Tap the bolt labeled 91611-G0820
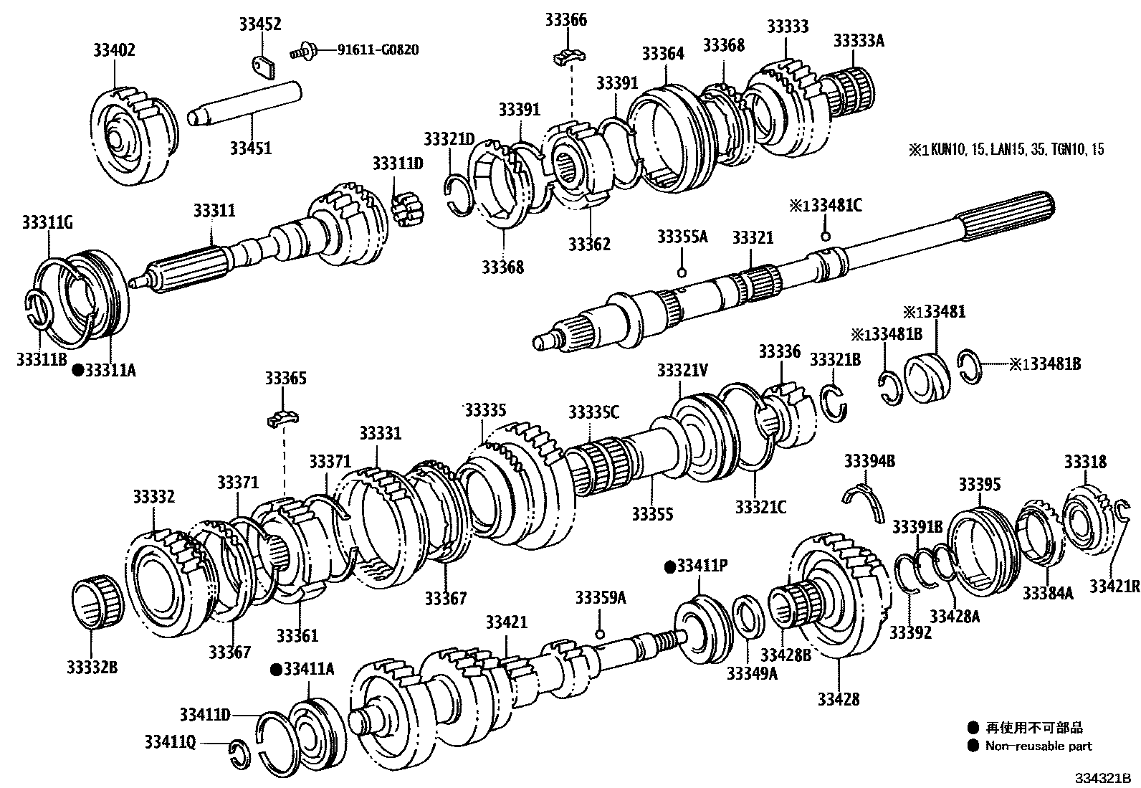pyautogui.click(x=303, y=51)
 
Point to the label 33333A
pyautogui.click(x=858, y=40)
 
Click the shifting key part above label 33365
pyautogui.click(x=283, y=417)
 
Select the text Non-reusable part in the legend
pyautogui.click(x=1038, y=746)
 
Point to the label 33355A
pyautogui.click(x=682, y=237)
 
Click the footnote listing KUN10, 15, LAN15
pyautogui.click(x=1006, y=150)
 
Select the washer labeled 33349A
pyautogui.click(x=748, y=616)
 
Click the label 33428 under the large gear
pyautogui.click(x=838, y=698)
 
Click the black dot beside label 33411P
pyautogui.click(x=670, y=566)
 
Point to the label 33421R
pyautogui.click(x=1114, y=586)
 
